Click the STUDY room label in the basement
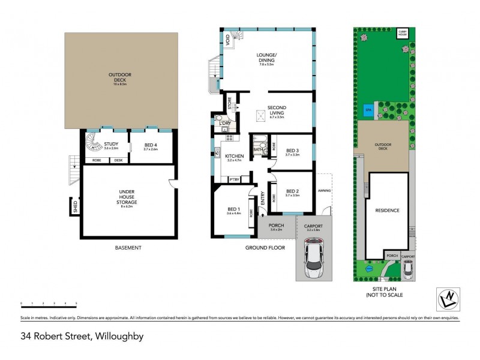pyautogui.click(x=111, y=144)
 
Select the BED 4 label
pyautogui.click(x=151, y=145)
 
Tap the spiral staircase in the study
pyautogui.click(x=92, y=145)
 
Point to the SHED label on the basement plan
pyautogui.click(x=76, y=208)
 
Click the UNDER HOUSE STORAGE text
pyautogui.click(x=127, y=197)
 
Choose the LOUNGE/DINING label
pyautogui.click(x=266, y=59)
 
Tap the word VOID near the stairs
pyautogui.click(x=228, y=40)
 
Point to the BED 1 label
pyautogui.click(x=233, y=209)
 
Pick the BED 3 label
pyautogui.click(x=292, y=151)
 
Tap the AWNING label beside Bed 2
pyautogui.click(x=324, y=193)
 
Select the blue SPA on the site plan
pyautogui.click(x=367, y=110)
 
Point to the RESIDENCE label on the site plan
pyautogui.click(x=387, y=211)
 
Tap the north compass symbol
pyautogui.click(x=448, y=297)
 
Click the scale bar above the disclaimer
pyautogui.click(x=49, y=304)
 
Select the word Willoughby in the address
pyautogui.click(x=118, y=337)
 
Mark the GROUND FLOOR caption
pyautogui.click(x=265, y=247)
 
